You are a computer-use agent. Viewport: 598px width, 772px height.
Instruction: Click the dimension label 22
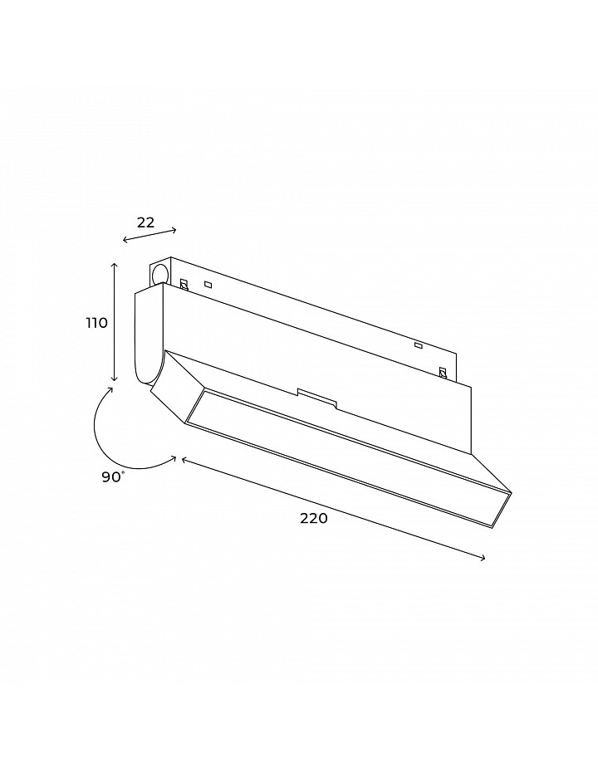(x=145, y=222)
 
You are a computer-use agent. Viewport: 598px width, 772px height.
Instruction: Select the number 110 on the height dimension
(x=96, y=323)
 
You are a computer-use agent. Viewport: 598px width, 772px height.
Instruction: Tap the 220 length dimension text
(x=314, y=518)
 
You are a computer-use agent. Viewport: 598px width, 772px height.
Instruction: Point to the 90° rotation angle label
(x=113, y=476)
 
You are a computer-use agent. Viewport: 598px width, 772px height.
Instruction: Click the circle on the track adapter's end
(x=159, y=274)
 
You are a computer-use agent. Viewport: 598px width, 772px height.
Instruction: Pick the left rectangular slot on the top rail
(x=208, y=284)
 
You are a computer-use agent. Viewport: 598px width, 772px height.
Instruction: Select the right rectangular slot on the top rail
(x=419, y=346)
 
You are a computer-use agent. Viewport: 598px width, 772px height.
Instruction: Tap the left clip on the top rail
(x=184, y=284)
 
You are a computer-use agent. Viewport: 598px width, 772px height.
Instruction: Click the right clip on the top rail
(x=443, y=374)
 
